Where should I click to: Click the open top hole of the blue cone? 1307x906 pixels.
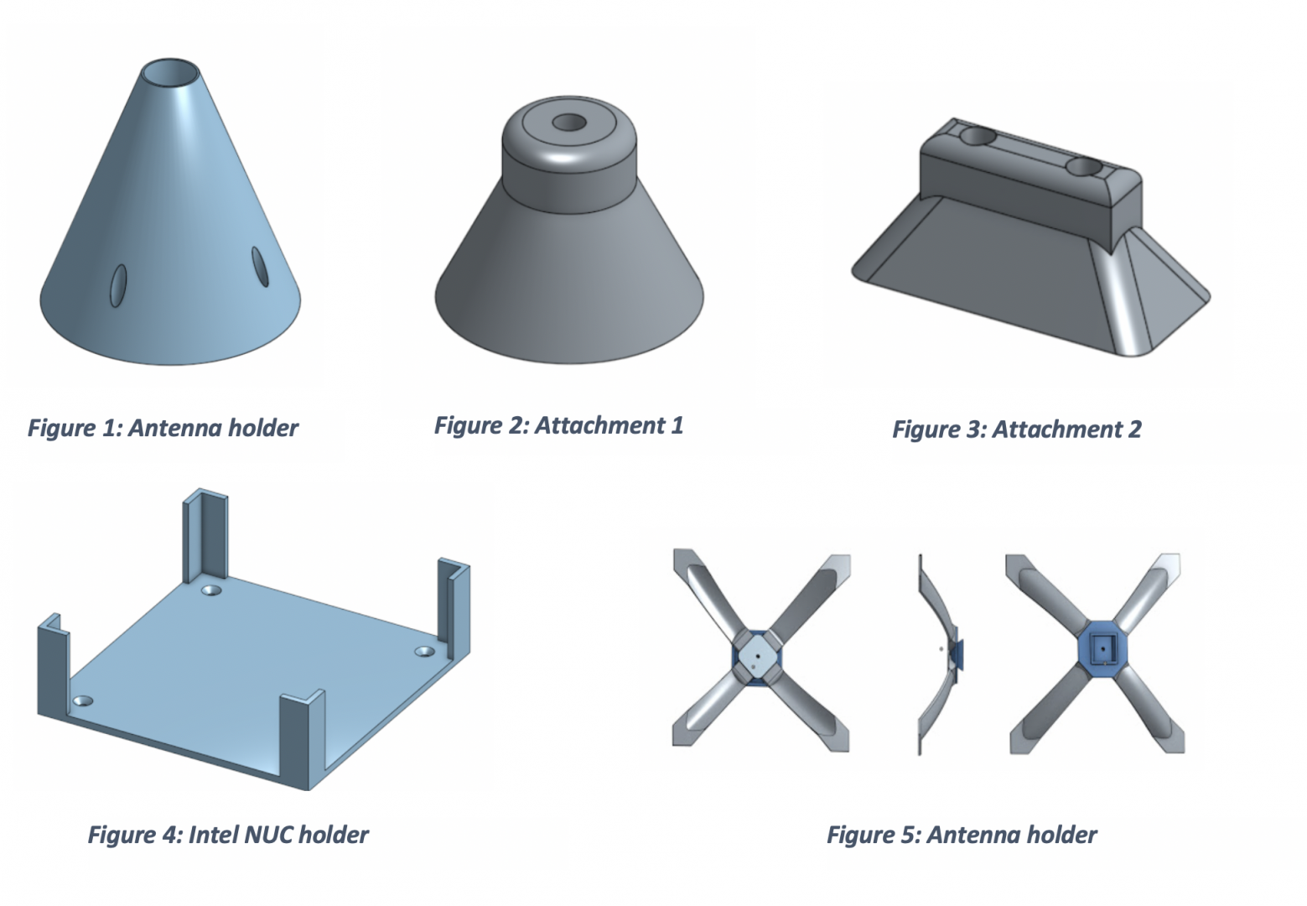(x=170, y=73)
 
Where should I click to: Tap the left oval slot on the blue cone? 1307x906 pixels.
(x=118, y=285)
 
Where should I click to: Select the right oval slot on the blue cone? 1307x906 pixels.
(x=260, y=267)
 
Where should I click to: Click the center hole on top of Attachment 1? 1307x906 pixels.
(x=569, y=122)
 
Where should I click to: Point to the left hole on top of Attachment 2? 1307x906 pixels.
(x=978, y=138)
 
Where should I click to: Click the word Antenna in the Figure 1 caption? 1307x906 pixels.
(x=175, y=428)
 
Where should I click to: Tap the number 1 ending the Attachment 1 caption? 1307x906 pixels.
(x=677, y=425)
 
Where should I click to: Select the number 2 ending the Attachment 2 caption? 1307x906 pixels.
(x=1134, y=429)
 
